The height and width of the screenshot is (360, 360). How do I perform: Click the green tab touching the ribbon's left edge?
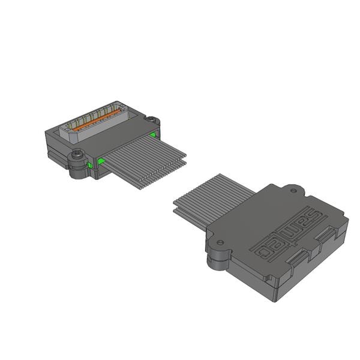103,161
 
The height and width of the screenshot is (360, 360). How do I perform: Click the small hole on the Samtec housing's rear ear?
293,191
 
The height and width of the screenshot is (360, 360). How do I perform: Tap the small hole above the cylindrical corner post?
220,242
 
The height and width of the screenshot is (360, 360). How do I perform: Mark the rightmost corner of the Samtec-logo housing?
347,221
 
